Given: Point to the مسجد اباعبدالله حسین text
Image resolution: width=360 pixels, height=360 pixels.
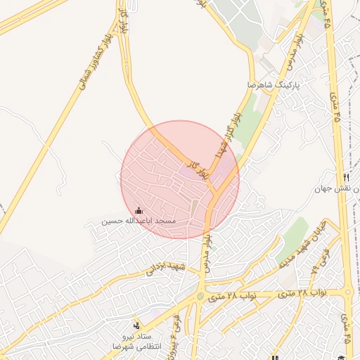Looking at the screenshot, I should click(138, 221).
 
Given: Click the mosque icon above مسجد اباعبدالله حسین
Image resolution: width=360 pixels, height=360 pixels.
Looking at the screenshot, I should click(139, 210).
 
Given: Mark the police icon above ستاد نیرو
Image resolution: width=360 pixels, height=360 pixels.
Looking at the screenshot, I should click(136, 326).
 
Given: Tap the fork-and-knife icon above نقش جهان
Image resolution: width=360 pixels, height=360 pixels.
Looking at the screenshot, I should click(346, 177).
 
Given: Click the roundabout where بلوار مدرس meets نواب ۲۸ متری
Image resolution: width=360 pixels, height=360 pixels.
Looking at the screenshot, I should click(200, 296).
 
